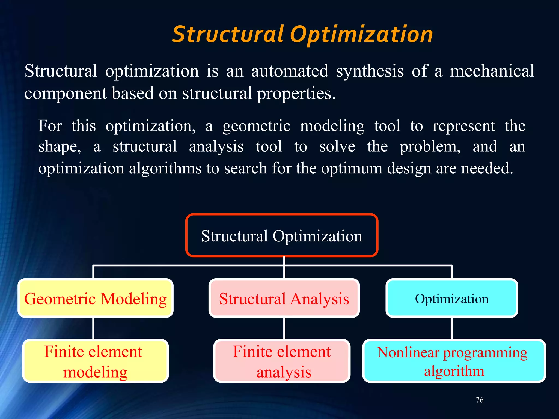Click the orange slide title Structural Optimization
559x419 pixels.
click(302, 35)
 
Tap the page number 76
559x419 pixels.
click(480, 400)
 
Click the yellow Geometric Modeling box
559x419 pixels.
click(96, 298)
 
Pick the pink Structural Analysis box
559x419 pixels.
click(284, 298)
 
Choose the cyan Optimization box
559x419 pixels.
click(452, 298)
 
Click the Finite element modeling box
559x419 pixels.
click(96, 361)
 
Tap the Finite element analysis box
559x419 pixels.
click(282, 361)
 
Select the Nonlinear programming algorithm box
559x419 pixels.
click(454, 361)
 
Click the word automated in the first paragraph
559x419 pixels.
click(290, 71)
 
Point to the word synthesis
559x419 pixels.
click(370, 71)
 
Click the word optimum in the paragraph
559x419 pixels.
click(352, 168)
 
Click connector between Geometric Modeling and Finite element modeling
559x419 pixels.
click(93, 328)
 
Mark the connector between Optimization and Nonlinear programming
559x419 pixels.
click(452, 328)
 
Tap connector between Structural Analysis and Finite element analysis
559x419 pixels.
click(284, 328)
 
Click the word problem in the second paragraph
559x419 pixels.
click(430, 147)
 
